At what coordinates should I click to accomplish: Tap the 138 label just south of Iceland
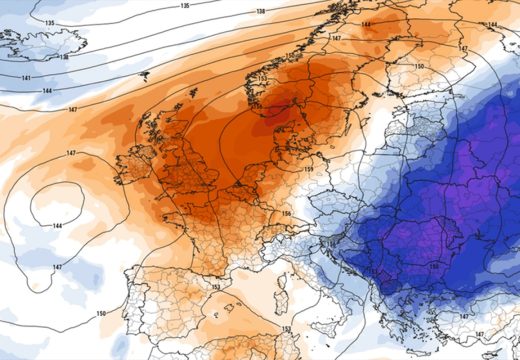(64, 57)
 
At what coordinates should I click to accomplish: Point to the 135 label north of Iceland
(50, 21)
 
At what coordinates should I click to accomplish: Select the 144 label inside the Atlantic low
(56, 227)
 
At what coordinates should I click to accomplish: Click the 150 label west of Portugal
(101, 314)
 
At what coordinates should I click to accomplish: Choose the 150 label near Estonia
(419, 67)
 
